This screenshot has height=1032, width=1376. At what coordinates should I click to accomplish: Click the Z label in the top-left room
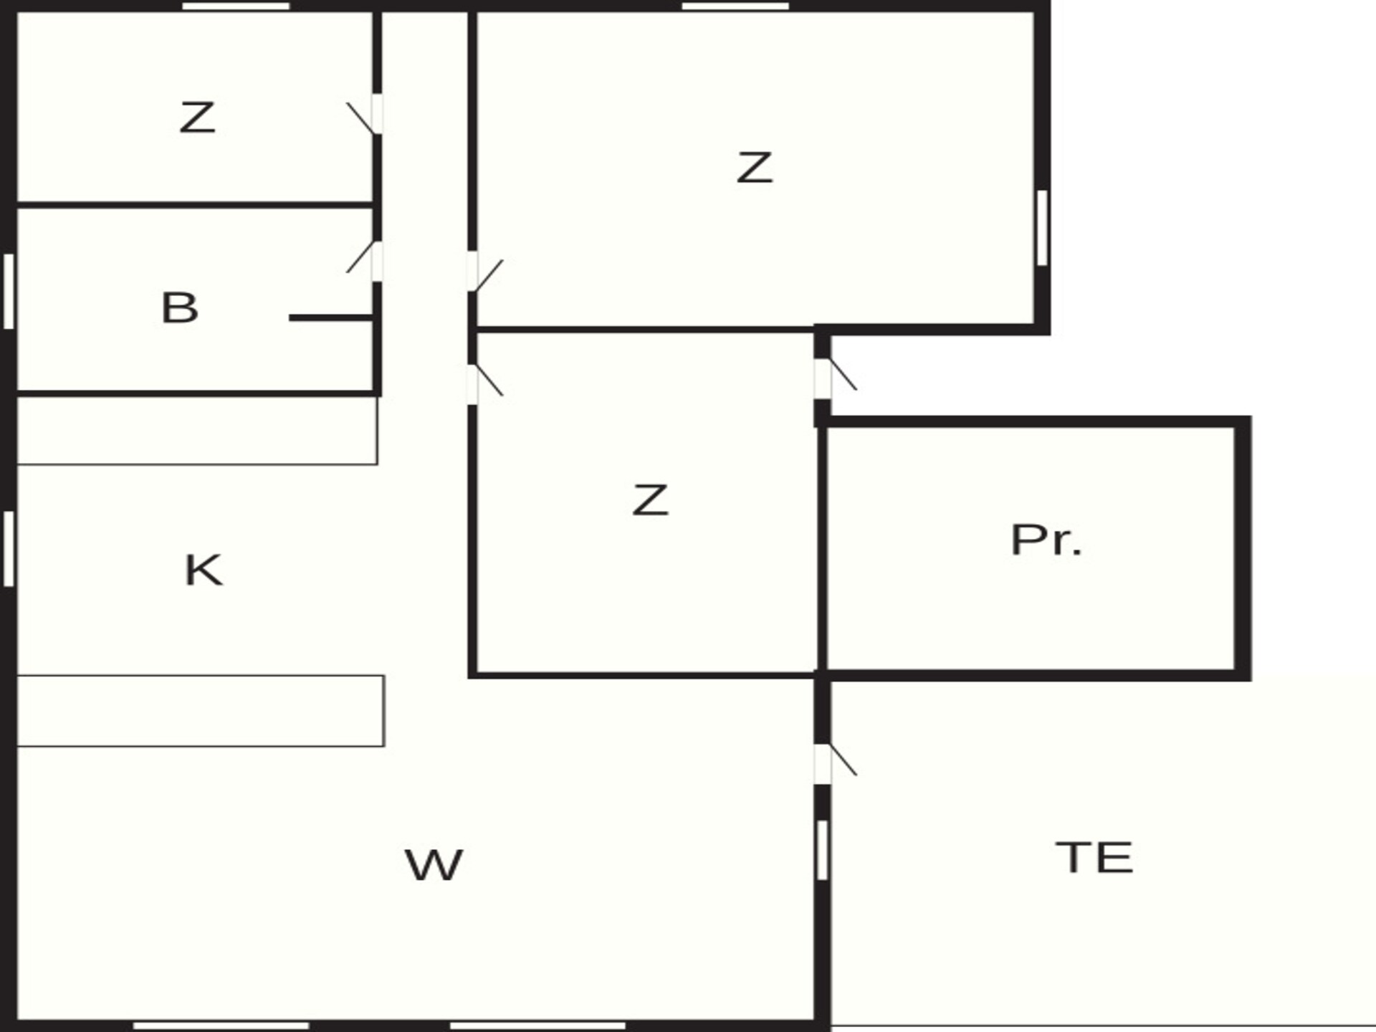197,118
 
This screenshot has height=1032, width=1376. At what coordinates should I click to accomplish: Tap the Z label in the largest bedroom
755,167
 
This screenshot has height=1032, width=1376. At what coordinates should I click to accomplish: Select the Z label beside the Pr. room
650,500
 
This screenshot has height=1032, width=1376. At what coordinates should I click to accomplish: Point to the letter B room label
179,307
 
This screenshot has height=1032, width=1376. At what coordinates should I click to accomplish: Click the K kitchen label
204,570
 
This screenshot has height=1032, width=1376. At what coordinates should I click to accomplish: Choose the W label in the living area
434,864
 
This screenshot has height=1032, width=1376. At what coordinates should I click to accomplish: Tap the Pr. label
1046,540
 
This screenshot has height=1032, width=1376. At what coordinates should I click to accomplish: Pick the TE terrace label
1094,857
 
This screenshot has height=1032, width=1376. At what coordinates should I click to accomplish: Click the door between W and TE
833,764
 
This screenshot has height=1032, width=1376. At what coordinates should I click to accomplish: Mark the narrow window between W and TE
822,850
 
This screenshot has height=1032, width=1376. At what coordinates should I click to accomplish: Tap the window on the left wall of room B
9,292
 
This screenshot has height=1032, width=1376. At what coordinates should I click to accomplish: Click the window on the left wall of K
9,549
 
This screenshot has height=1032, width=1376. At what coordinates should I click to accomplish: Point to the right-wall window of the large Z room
1042,228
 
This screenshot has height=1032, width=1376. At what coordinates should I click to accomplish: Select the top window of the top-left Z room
236,6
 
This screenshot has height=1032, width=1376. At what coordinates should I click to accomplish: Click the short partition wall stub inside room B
332,317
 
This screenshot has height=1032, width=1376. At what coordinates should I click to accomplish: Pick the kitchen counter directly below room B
197,431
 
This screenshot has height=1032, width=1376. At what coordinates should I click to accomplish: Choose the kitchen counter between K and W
200,711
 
